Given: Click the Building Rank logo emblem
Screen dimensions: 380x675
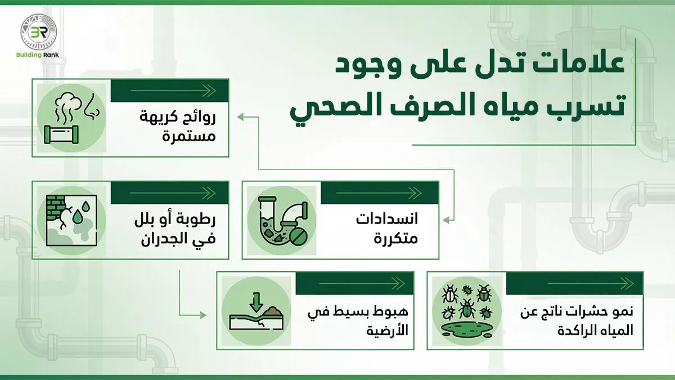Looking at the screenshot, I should click(x=38, y=33).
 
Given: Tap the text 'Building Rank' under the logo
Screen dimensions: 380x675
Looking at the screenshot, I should click(x=38, y=55).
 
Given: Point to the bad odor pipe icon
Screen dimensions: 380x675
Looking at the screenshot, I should click(x=71, y=118).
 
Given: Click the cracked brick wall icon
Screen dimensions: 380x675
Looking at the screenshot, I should click(x=71, y=220).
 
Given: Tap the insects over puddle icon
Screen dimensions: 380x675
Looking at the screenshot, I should click(x=467, y=311).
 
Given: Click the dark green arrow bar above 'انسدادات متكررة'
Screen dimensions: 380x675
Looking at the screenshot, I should click(x=378, y=193).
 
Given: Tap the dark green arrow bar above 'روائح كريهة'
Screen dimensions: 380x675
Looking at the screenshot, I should click(x=169, y=91).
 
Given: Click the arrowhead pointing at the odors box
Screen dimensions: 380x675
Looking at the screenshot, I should click(x=240, y=117).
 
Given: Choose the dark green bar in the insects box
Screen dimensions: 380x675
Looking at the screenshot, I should click(x=574, y=283).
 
